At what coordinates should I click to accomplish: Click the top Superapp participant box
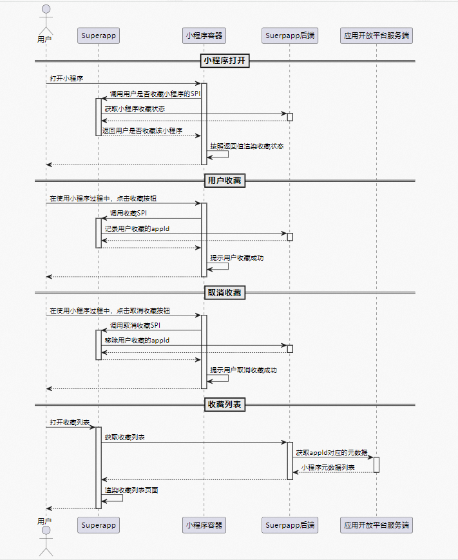[98, 35]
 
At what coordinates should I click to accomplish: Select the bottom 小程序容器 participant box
[204, 525]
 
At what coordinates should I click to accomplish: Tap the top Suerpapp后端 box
[289, 35]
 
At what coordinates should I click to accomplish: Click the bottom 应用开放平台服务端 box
[376, 525]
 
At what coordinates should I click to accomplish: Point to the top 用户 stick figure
[45, 19]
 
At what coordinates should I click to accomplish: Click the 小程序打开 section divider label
[225, 61]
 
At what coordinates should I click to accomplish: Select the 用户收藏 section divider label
[225, 181]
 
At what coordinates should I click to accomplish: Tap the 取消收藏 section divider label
[225, 293]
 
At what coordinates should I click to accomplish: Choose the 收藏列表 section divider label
[225, 405]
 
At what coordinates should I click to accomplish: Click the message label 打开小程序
[66, 78]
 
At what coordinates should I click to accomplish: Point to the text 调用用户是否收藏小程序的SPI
[155, 94]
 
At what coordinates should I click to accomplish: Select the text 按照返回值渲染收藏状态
[247, 146]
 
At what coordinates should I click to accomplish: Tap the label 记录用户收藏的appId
[137, 228]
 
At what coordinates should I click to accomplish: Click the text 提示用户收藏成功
[236, 258]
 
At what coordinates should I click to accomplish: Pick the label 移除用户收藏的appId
[137, 340]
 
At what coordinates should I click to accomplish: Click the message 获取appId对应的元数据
[332, 453]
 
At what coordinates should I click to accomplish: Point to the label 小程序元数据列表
[328, 467]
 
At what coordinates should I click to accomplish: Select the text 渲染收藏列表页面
[131, 490]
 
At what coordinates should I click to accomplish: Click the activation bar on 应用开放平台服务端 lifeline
[376, 465]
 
